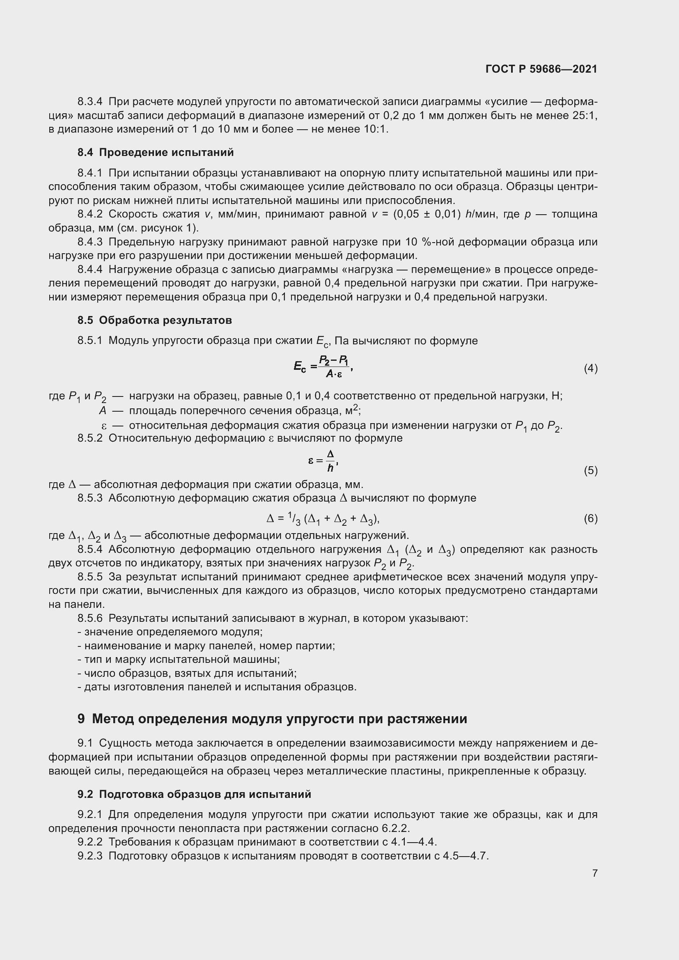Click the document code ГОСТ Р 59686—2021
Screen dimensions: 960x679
pos(541,69)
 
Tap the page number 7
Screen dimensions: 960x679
pos(594,873)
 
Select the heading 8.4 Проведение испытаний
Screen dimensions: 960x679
pos(156,153)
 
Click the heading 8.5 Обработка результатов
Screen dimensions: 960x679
pos(155,320)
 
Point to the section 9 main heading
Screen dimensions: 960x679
pos(272,719)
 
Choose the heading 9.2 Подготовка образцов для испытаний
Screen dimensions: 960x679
pos(194,794)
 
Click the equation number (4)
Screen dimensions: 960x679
pos(590,368)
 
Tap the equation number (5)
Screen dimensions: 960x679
pos(590,470)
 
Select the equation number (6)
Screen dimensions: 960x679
pos(590,519)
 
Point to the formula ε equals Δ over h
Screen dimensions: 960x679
pos(323,461)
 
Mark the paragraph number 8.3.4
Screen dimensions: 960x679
pos(89,102)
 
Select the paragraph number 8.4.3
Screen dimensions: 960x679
pos(89,242)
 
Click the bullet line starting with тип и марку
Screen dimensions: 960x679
pos(179,660)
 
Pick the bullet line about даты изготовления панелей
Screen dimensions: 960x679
pos(217,687)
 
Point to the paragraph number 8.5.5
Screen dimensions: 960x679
pos(89,577)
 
